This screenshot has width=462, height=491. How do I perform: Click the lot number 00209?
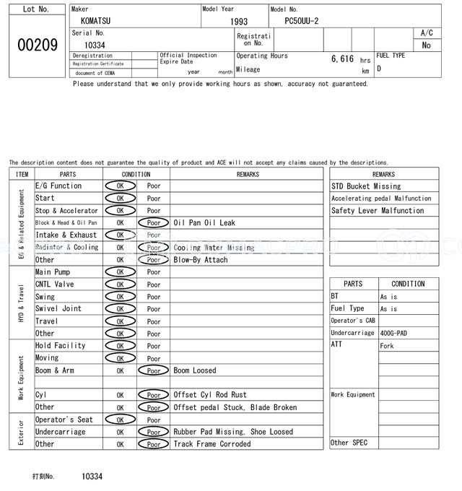click(x=37, y=45)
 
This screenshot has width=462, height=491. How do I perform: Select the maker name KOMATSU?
click(x=97, y=22)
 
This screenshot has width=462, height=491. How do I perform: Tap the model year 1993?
click(x=239, y=22)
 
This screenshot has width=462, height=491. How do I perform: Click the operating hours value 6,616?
click(x=342, y=59)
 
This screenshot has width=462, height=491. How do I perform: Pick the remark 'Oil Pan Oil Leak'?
click(x=204, y=223)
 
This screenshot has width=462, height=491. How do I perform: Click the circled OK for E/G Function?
click(x=121, y=186)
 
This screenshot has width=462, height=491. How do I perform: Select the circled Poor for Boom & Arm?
click(x=153, y=370)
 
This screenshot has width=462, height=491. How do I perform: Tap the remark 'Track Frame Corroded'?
click(x=212, y=444)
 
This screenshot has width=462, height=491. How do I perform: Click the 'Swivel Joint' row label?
click(x=58, y=308)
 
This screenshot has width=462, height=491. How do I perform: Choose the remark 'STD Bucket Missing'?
click(x=366, y=186)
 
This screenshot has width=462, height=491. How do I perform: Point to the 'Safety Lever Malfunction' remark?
click(x=378, y=211)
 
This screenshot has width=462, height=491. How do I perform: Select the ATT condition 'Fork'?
click(x=387, y=346)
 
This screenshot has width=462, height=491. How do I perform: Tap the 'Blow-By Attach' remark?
click(x=201, y=260)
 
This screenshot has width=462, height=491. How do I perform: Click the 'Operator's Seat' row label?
click(x=64, y=420)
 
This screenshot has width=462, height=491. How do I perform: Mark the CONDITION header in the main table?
click(x=136, y=174)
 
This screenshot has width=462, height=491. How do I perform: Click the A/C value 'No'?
click(x=426, y=45)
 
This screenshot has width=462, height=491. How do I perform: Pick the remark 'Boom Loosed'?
click(x=195, y=370)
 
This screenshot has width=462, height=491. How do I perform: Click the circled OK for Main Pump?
click(x=121, y=272)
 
